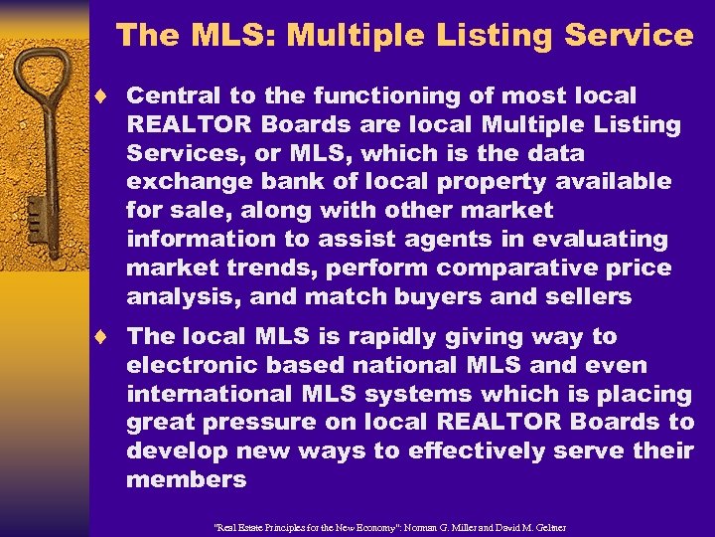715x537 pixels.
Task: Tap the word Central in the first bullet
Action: (168, 96)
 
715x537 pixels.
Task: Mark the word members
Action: (186, 479)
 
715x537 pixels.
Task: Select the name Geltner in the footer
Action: (541, 525)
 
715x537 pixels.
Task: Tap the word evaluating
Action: (607, 239)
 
